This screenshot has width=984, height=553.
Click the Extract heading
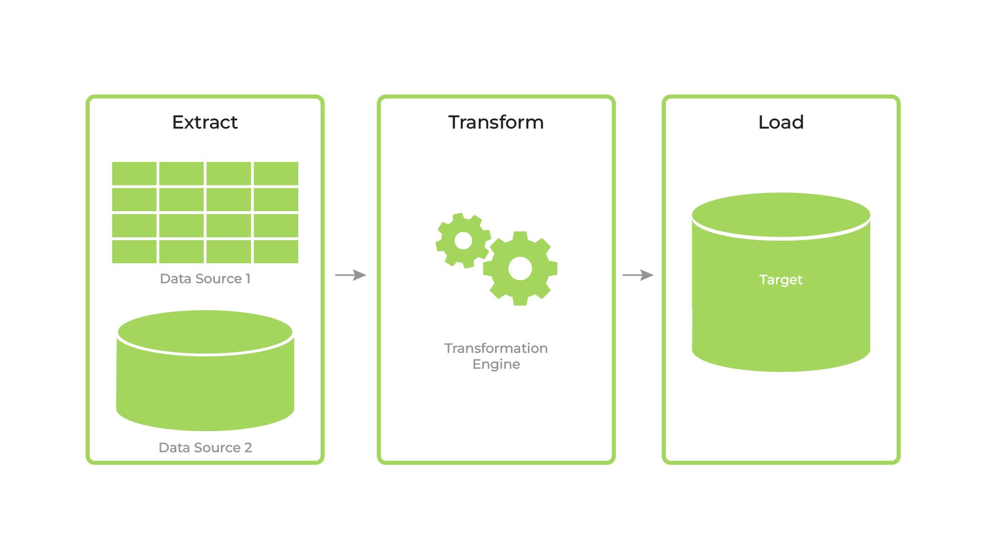pos(205,122)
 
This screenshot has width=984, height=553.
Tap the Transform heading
pos(496,122)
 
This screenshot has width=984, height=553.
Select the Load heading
pos(781,122)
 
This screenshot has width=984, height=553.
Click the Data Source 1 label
pos(205,279)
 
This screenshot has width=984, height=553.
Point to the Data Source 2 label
pos(205,448)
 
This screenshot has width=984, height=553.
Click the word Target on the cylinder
pos(781,280)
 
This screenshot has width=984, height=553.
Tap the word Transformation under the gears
pos(496,348)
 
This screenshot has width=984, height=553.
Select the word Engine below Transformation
pos(496,364)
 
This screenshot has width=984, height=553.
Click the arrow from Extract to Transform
pos(351,275)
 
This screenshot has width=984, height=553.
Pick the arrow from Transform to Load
pos(638,275)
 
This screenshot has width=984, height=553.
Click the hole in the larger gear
pos(520,268)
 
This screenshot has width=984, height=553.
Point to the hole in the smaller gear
pos(463,240)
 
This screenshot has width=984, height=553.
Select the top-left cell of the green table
pos(134,174)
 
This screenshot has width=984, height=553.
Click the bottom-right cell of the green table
pos(276,252)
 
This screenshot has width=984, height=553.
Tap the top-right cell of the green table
pos(276,174)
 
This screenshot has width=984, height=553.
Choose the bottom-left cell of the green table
pos(134,252)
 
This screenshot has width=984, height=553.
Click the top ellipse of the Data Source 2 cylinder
pos(205,332)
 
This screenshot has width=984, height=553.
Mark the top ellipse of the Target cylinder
pos(781,215)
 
